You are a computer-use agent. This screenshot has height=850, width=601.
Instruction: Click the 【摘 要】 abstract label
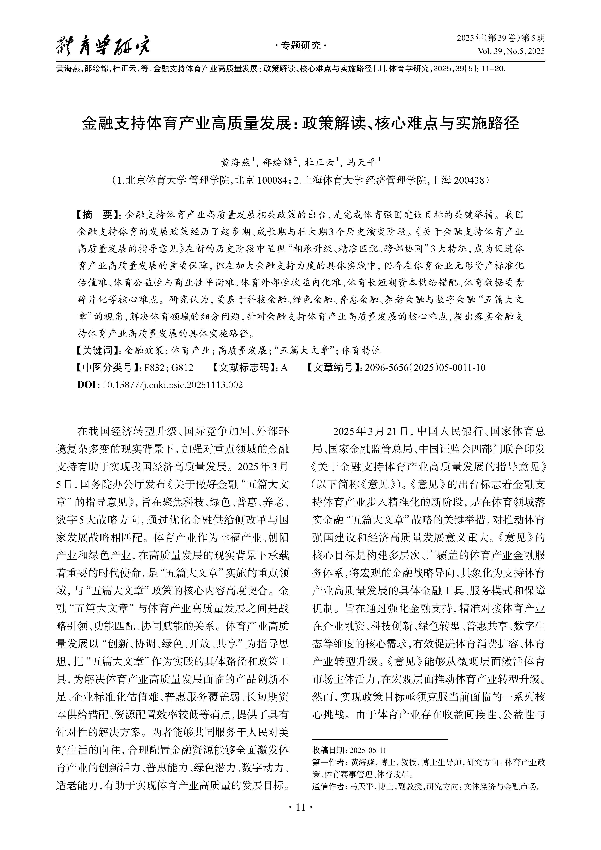(x=97, y=215)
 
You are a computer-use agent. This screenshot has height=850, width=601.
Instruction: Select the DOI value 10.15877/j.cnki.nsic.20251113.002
(x=173, y=385)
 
